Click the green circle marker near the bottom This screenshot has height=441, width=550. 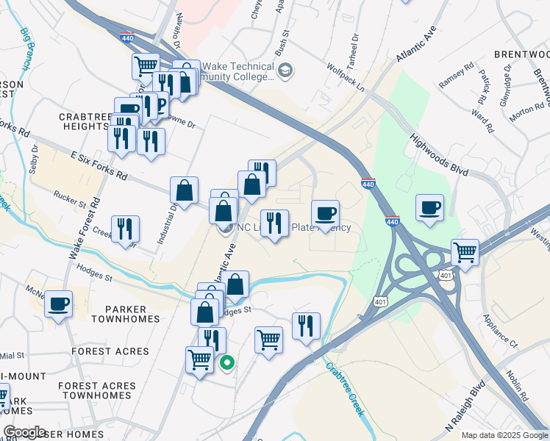point(228,362)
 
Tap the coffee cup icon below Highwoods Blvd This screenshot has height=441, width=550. point(429,208)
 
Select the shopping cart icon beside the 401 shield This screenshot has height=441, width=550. point(465,253)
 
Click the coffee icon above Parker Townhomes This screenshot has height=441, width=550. point(58,304)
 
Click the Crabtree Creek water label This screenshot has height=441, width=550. point(346,390)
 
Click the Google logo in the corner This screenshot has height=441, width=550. point(24,431)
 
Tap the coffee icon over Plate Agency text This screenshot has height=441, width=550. point(325,214)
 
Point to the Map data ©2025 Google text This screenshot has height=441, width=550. point(504,435)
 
